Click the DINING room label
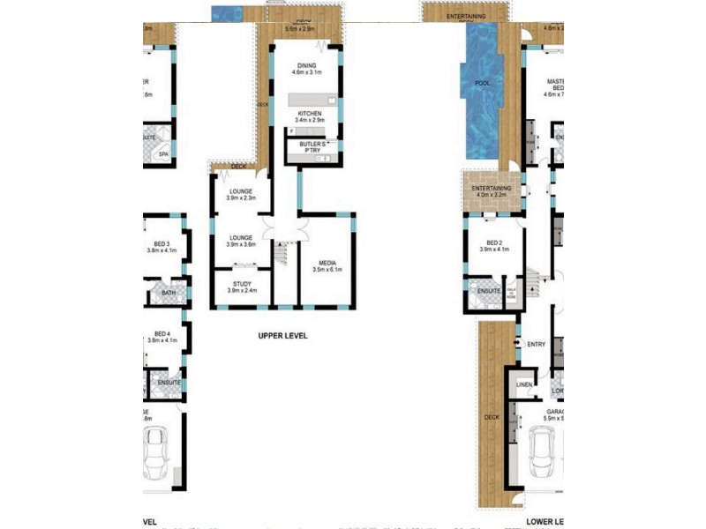306,65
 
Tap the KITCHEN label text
309,114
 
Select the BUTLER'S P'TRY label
313,145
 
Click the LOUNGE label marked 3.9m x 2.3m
241,191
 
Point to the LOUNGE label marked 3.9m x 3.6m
241,237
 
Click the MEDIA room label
326,263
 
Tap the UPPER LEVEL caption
282,336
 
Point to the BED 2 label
494,243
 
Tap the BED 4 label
161,333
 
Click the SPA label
163,154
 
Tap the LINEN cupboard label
523,384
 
